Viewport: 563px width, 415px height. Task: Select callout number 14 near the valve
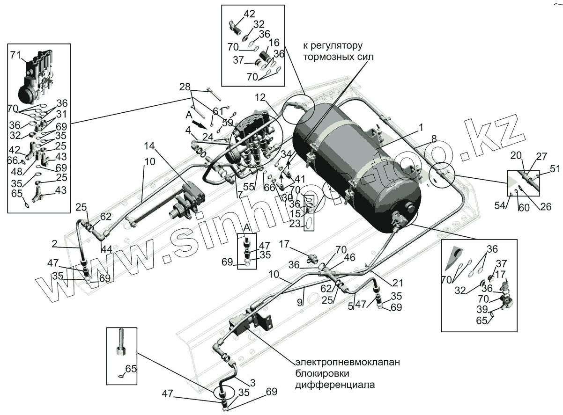pos(149,146)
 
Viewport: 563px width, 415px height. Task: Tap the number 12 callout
pos(260,97)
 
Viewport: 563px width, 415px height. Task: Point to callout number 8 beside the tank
pos(434,138)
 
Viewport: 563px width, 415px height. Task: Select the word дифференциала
pos(335,386)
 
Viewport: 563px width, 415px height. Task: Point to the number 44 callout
pos(107,249)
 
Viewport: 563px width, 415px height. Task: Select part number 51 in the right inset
pos(555,169)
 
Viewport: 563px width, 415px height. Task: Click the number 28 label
pos(185,87)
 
